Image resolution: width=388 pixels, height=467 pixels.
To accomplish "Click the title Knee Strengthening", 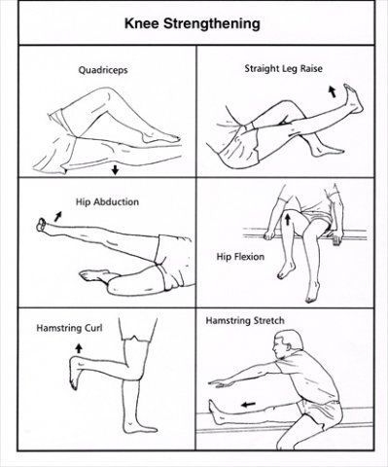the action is point(193,24).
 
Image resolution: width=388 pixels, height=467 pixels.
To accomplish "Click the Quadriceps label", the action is point(103,70).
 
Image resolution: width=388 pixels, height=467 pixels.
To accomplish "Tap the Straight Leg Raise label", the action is point(284,68).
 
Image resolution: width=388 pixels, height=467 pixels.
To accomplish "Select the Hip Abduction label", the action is point(107,202).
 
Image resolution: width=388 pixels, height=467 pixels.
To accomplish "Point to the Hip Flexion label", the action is point(240,257).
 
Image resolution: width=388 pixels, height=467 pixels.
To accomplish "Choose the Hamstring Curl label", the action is point(69,328).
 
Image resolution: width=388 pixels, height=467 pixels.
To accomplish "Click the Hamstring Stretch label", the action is point(245,321).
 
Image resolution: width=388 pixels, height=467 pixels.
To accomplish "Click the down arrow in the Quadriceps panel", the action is point(115,169).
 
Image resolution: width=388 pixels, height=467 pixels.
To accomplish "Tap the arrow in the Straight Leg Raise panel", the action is point(332,91).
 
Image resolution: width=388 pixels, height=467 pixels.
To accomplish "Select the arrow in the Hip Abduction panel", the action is point(58,216).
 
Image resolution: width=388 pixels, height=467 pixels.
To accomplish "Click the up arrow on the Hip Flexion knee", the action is point(287,219).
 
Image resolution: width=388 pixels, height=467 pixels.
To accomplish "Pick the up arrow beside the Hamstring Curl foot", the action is point(79,348).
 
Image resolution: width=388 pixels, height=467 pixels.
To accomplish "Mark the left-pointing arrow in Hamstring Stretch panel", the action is point(249,404).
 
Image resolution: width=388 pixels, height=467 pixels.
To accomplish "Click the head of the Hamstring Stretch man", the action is point(288,344).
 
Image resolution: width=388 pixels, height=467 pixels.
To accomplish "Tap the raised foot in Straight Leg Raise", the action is point(353,98).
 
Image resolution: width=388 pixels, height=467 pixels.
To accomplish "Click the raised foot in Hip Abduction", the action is point(43,225).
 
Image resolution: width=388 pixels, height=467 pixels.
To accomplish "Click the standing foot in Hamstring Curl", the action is point(140,425).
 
